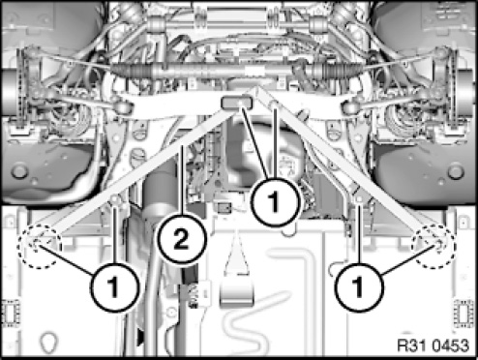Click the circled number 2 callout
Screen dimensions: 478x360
tap(181, 240)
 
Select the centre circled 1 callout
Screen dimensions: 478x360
tap(275, 202)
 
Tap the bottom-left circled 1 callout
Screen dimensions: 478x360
tap(114, 287)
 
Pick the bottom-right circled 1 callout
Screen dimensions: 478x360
tap(359, 287)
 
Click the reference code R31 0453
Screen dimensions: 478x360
tap(433, 345)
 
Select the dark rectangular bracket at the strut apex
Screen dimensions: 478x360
tap(236, 103)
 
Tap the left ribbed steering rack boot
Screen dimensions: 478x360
tap(132, 69)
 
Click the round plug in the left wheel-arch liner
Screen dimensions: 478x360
tap(19, 171)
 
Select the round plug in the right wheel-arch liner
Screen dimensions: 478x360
tap(456, 171)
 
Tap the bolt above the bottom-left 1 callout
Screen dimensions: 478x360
tap(115, 200)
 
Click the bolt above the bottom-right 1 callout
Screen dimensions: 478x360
tap(359, 200)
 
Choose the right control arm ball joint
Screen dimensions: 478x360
tap(349, 107)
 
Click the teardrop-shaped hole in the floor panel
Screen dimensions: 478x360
tap(49, 342)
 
